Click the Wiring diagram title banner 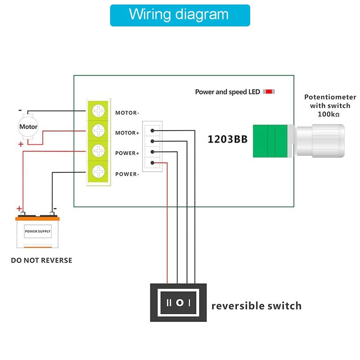[180, 15]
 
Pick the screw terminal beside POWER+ [98, 151]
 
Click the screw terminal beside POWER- [98, 171]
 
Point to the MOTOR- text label [127, 113]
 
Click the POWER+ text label [127, 153]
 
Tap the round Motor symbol [28, 126]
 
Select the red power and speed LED [269, 92]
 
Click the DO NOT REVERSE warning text [41, 260]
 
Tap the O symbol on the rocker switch [180, 302]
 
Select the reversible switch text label [256, 306]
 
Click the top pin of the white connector [153, 130]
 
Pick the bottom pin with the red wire [153, 163]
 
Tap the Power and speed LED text [227, 92]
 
